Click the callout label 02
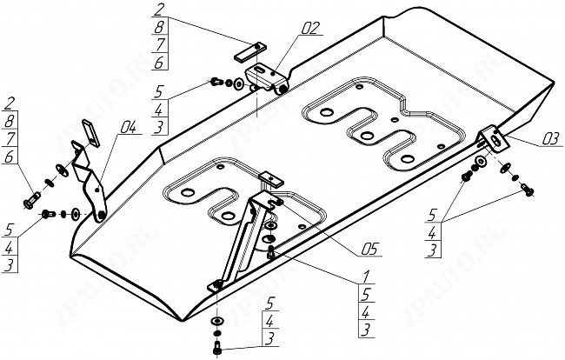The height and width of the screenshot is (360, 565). point(310,28)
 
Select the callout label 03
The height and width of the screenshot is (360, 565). point(550,139)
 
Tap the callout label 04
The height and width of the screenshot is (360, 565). point(129,127)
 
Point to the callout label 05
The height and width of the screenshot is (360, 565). point(369,249)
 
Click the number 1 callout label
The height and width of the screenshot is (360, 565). point(366,277)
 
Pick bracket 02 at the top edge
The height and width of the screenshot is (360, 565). point(267,78)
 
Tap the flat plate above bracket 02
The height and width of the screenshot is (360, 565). point(250,52)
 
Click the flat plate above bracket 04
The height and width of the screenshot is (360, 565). point(90,133)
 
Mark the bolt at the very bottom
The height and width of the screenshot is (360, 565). point(217,347)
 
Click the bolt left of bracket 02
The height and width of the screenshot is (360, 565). point(216,82)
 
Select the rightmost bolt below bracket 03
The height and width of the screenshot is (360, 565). point(528,190)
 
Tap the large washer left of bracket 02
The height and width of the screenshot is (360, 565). point(239,84)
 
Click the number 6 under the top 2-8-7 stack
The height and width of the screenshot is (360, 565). point(160,63)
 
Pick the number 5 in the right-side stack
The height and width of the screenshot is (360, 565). point(432,215)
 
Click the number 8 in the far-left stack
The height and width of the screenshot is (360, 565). point(10,121)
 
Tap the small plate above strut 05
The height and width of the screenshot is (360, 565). point(272,179)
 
